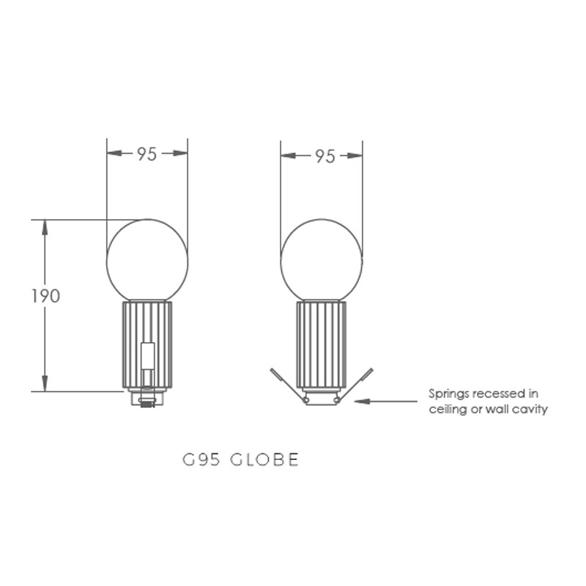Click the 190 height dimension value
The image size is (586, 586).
pos(45,296)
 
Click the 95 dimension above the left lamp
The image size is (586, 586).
pos(147,154)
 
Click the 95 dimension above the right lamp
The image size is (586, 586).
pos(325,156)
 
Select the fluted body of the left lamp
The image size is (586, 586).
pos(147,344)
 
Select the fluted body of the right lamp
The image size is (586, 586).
pos(322,344)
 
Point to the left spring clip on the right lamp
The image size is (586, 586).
pos(289,385)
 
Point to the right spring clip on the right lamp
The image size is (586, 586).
pos(355,385)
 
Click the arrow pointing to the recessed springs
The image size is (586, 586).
pos(386,401)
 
